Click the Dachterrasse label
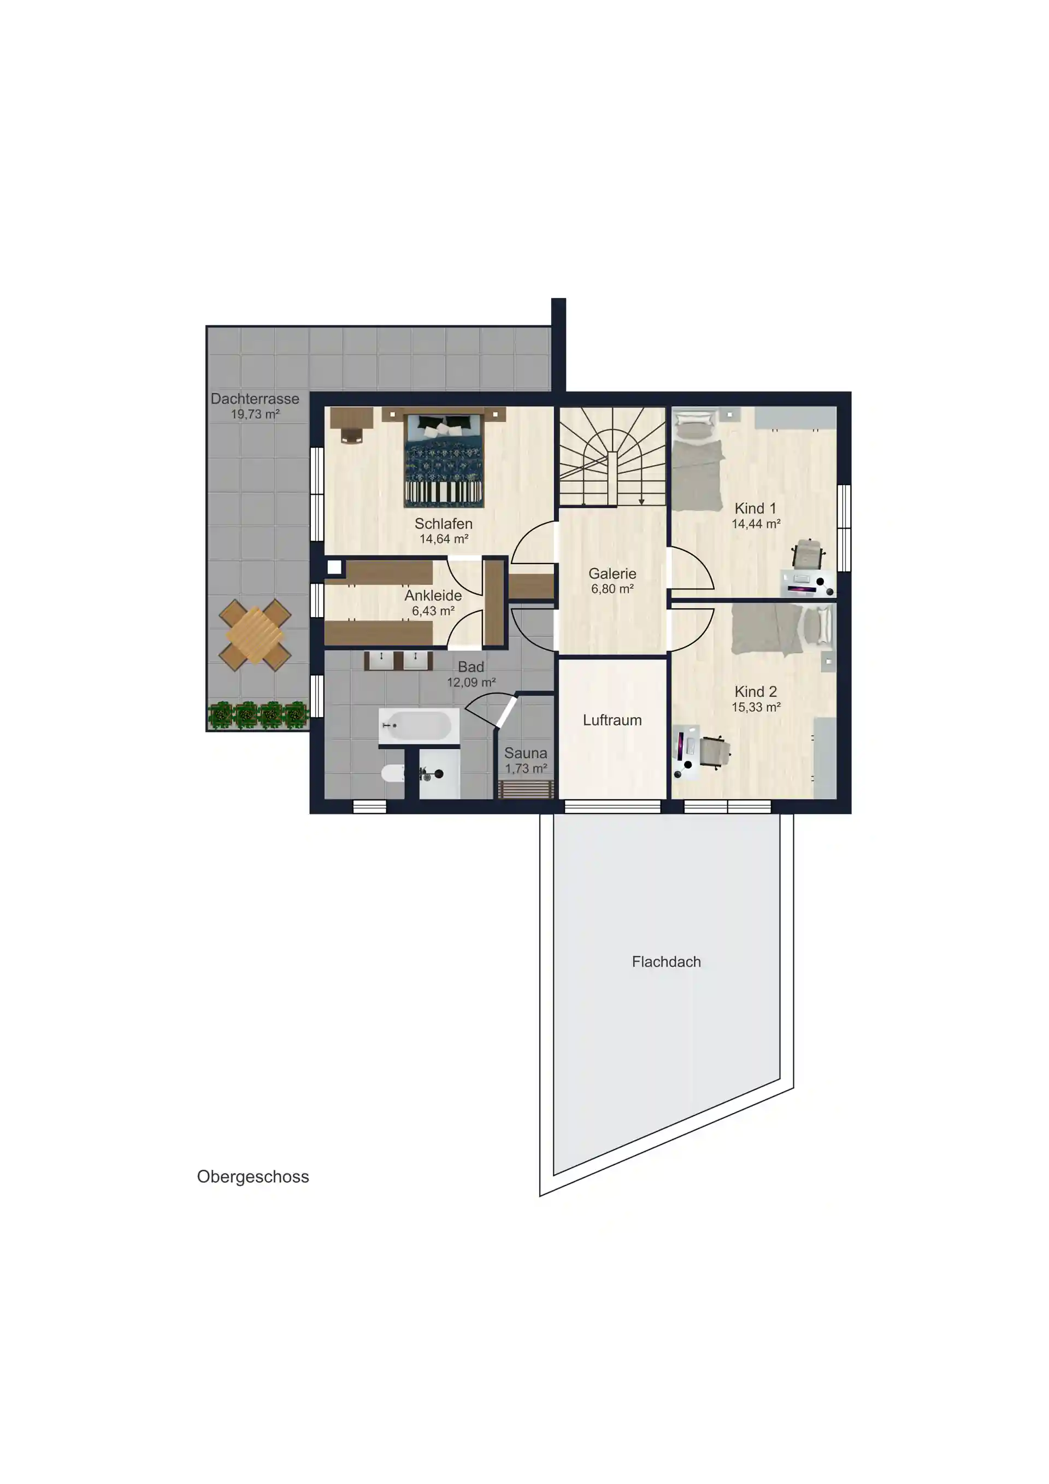[x=255, y=399]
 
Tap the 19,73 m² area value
[x=255, y=414]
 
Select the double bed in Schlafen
[x=444, y=459]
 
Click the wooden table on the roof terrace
[x=255, y=635]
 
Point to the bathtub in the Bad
[x=419, y=726]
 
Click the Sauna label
[x=526, y=753]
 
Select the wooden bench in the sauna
[x=527, y=789]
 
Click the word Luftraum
[x=612, y=720]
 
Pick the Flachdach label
[x=666, y=962]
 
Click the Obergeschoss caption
[x=253, y=1177]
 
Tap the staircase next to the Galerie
[x=612, y=456]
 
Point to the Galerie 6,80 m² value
[x=612, y=589]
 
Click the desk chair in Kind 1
[x=808, y=554]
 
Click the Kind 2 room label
[x=756, y=691]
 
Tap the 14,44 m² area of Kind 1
[x=756, y=524]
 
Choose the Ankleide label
[x=433, y=595]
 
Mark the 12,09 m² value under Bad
[x=472, y=682]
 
